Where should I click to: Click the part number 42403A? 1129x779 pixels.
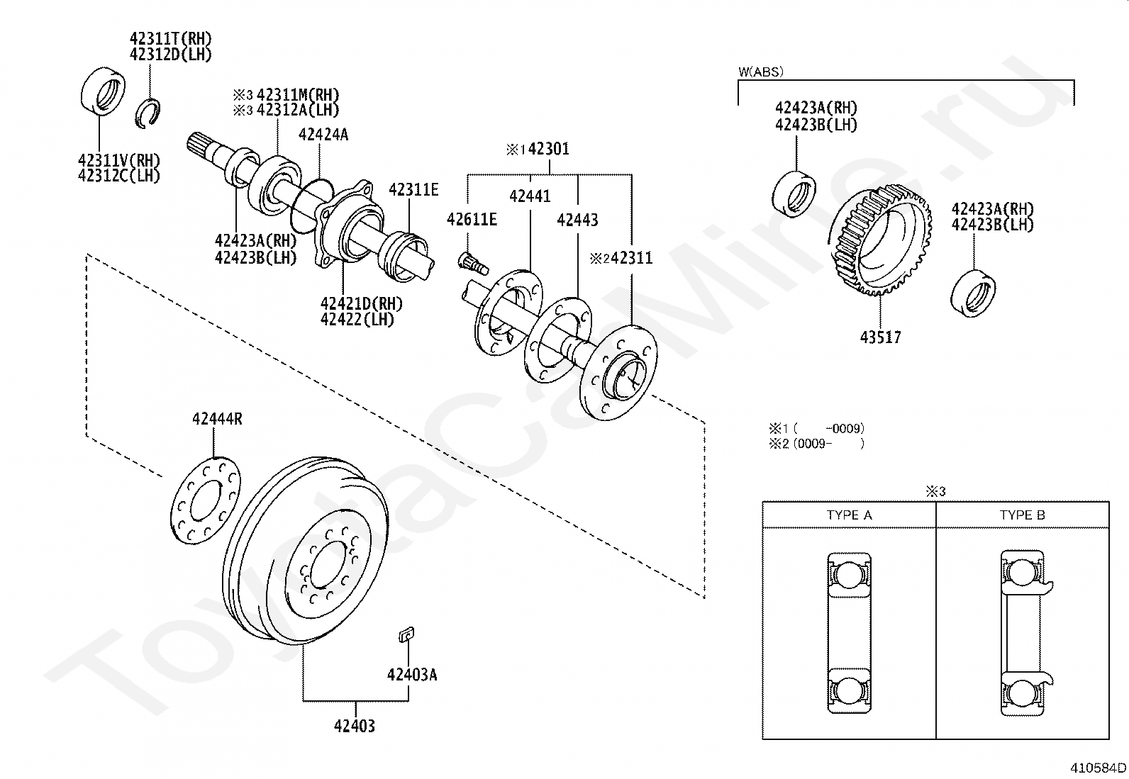click(x=411, y=674)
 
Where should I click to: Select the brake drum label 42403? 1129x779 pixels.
click(x=355, y=726)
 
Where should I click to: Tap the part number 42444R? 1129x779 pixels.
click(x=217, y=419)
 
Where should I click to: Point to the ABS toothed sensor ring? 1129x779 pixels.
click(x=880, y=240)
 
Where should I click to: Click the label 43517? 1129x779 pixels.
click(x=880, y=337)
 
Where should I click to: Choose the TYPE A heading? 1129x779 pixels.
click(x=849, y=515)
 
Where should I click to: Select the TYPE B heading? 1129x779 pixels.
click(x=1022, y=515)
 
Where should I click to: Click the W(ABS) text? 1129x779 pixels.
click(x=761, y=72)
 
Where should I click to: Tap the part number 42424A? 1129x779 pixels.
click(x=323, y=135)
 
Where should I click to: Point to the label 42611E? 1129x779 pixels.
click(x=472, y=220)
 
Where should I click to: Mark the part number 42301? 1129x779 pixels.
click(x=549, y=150)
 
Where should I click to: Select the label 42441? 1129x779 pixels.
click(x=530, y=196)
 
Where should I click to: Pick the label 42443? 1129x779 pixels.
click(x=577, y=220)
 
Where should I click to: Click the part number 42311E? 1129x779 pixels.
click(x=413, y=189)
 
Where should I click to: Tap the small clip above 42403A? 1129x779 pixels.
click(x=406, y=635)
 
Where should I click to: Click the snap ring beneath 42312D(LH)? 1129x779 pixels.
click(x=148, y=113)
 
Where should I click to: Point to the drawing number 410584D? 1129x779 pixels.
click(x=1098, y=767)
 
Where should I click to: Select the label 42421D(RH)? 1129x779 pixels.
click(x=361, y=303)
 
